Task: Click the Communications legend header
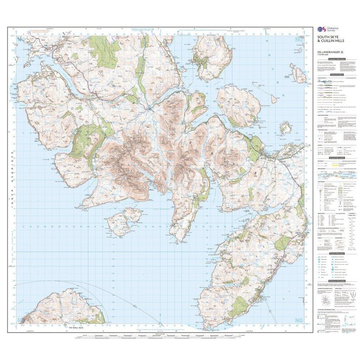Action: pos(336,75)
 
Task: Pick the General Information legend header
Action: pos(336,158)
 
